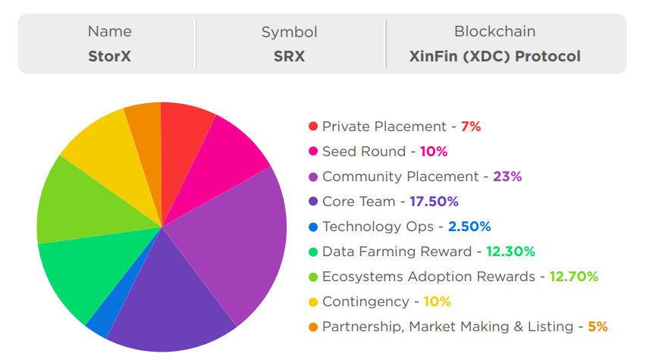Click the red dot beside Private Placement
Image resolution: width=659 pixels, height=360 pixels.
[x=313, y=127]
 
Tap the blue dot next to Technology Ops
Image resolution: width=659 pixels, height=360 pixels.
[x=313, y=227]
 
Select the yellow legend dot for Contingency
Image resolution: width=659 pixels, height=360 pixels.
[x=313, y=302]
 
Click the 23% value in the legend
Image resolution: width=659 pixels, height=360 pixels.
[x=507, y=177]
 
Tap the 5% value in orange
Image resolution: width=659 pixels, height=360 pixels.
[x=598, y=327]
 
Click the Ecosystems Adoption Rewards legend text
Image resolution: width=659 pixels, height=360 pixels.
[x=428, y=277]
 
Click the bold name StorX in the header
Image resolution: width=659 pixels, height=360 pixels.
[x=109, y=57]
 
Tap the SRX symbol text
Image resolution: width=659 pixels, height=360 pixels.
[x=289, y=57]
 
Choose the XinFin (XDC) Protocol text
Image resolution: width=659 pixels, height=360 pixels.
[x=494, y=57]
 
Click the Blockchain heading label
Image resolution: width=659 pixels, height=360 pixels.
[x=494, y=32]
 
